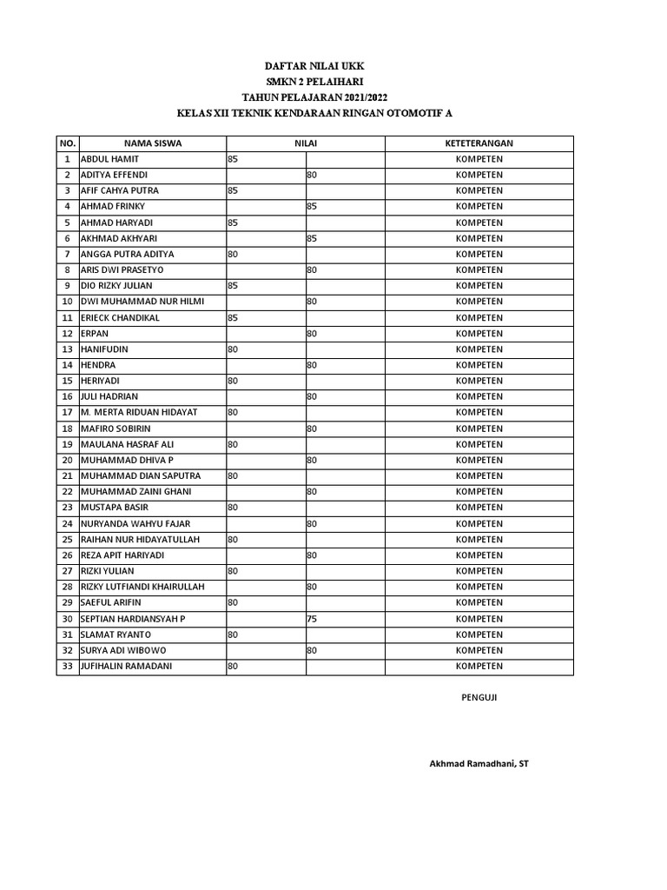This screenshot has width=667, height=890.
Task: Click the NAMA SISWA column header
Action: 153,143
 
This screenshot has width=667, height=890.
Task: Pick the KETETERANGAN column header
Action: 479,143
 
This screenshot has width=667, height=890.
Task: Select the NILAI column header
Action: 305,143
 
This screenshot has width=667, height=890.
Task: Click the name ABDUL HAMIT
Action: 109,160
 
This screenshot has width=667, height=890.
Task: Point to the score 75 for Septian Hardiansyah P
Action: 312,619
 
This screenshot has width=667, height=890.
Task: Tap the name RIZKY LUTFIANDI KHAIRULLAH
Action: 142,587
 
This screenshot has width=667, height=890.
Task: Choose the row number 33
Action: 67,667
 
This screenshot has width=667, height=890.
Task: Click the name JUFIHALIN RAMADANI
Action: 125,667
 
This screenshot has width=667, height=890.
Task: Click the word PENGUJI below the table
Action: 479,697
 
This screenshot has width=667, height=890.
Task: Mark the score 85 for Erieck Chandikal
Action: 233,318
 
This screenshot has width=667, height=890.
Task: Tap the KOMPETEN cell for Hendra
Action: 479,365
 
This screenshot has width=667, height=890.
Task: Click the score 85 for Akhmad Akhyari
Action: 312,238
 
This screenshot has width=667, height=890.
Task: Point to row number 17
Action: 67,413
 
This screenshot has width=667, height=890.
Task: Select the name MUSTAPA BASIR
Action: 116,508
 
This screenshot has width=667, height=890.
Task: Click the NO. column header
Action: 67,143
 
